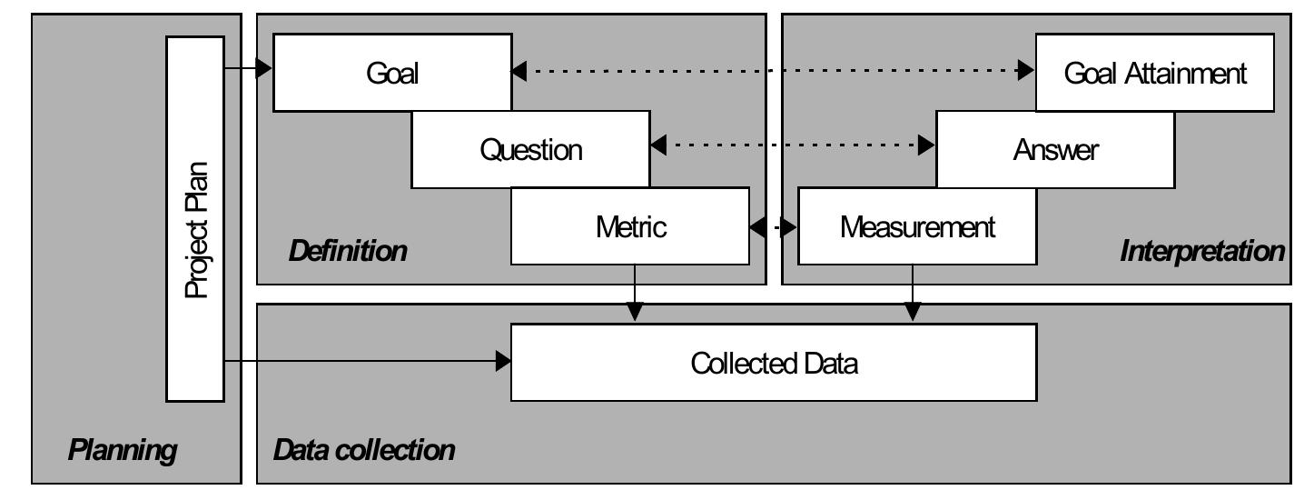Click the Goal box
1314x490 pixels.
coord(392,73)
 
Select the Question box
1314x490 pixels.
coord(530,149)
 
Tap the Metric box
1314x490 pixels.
coord(630,226)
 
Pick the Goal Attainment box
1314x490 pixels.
coord(1155,73)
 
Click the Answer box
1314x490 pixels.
coord(1054,150)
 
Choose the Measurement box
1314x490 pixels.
coord(916,226)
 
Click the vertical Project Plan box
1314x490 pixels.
coord(195,218)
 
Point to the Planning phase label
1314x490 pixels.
coord(122,450)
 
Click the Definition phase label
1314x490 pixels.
coord(348,252)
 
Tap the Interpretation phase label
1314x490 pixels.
coord(1202,252)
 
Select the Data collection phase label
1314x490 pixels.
coord(364,449)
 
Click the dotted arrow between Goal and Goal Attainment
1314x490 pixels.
coord(774,71)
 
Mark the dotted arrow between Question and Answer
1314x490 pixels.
coord(793,145)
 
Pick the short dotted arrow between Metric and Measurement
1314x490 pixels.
coord(774,227)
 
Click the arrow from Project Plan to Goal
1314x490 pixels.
coord(248,68)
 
